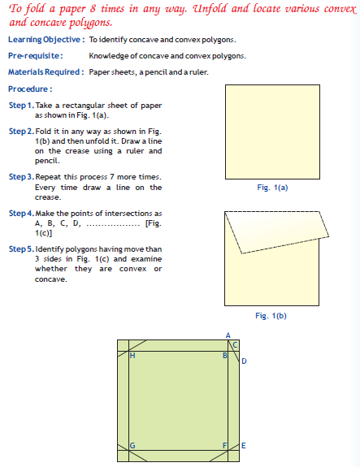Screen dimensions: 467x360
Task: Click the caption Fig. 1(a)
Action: [272, 188]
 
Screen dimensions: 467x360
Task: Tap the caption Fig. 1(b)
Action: [272, 317]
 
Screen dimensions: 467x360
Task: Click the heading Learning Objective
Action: [46, 39]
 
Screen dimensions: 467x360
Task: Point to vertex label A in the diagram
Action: [228, 335]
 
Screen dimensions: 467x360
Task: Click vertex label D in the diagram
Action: [244, 361]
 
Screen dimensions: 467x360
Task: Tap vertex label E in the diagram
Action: [244, 446]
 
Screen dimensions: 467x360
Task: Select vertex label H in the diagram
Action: [132, 356]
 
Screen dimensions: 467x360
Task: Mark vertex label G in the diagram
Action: [132, 446]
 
